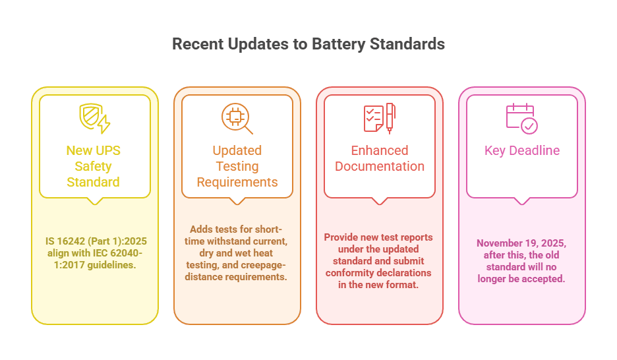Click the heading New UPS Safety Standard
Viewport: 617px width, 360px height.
[x=94, y=166]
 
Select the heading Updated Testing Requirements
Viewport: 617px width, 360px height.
[x=237, y=166]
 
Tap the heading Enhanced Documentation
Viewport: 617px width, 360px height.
[x=379, y=158]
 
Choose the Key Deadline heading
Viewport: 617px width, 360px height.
[x=521, y=150]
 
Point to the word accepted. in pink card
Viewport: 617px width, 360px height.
[x=545, y=278]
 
